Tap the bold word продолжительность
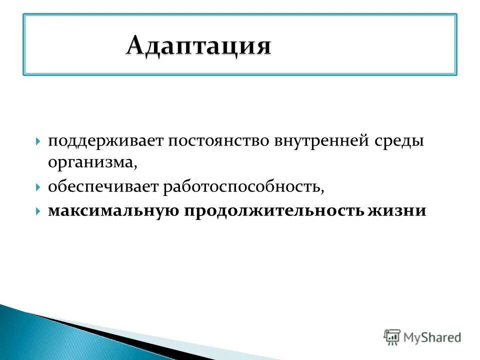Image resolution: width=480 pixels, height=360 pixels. point(275,210)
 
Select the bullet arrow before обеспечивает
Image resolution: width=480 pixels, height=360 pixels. point(38,187)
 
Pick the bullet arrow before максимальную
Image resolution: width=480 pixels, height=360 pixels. point(38,211)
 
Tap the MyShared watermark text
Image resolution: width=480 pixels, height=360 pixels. point(433,338)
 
